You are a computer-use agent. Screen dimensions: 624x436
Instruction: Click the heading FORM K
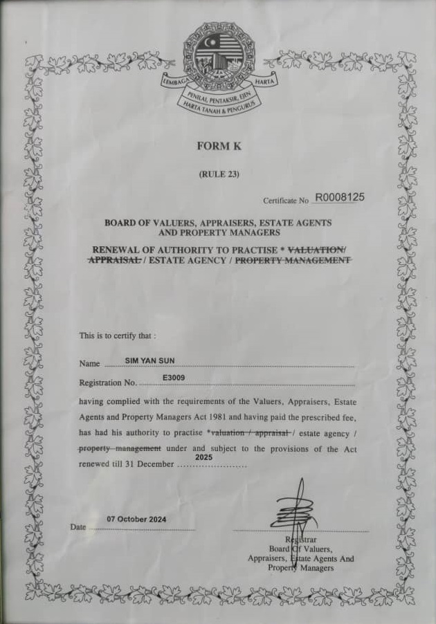point(219,147)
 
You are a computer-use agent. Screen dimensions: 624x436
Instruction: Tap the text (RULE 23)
point(219,174)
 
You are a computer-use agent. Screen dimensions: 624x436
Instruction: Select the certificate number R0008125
point(339,197)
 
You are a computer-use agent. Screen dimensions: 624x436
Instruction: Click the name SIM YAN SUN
point(145,360)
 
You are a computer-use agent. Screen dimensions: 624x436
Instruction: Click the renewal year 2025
point(203,458)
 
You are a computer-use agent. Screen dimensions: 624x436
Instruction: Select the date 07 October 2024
point(136,519)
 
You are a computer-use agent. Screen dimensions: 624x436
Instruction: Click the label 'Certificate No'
point(285,201)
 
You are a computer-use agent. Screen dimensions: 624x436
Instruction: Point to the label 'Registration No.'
point(108,383)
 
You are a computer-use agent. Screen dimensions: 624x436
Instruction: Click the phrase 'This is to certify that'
point(118,336)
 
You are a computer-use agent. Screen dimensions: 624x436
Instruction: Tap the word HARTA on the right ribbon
point(265,82)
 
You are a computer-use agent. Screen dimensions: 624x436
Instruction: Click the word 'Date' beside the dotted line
point(78,527)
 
